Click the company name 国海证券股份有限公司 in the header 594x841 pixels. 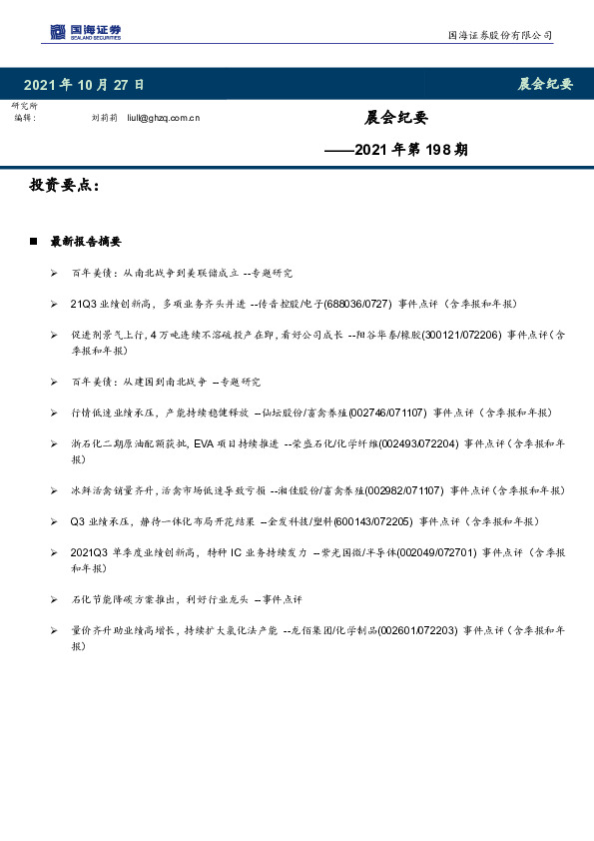tap(499, 36)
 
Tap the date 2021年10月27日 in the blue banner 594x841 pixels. tap(84, 85)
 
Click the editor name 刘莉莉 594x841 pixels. tap(104, 118)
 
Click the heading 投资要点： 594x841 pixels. tap(65, 186)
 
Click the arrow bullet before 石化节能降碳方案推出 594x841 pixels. tap(53, 599)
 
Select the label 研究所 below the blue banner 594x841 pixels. tap(25, 106)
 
